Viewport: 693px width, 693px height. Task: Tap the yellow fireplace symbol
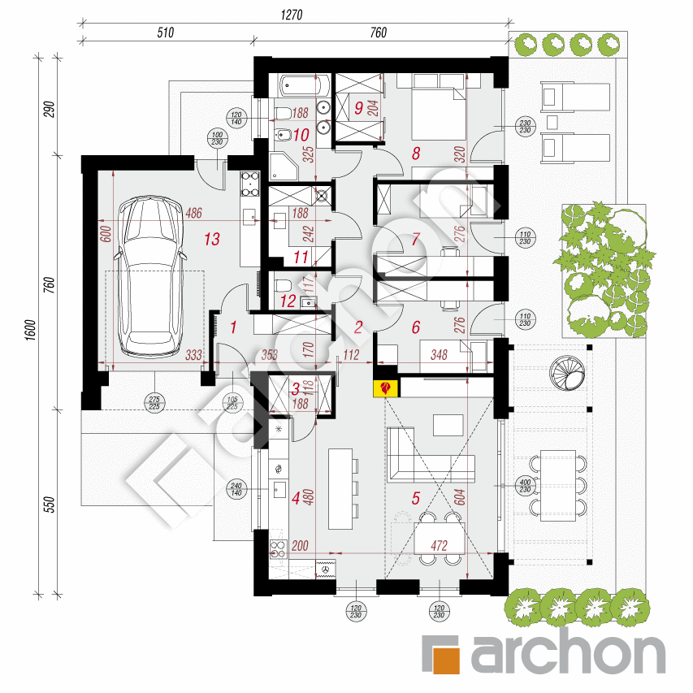point(384,388)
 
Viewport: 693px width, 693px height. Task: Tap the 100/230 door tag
point(216,139)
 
